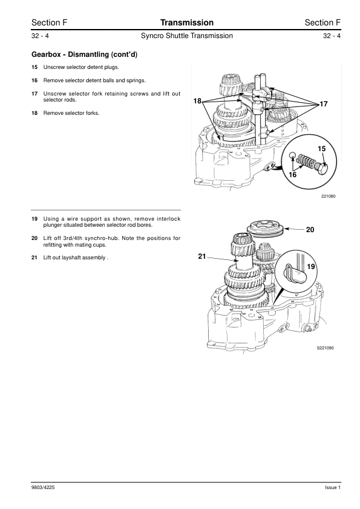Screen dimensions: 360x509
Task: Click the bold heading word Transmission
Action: (x=187, y=22)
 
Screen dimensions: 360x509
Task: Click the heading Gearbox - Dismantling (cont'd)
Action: (x=84, y=54)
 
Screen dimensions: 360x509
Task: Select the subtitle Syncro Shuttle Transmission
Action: (x=187, y=36)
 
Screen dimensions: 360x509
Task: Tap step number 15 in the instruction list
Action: (x=34, y=67)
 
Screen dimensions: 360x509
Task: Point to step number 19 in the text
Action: (x=34, y=219)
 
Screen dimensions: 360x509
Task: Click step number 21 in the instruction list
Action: (x=34, y=258)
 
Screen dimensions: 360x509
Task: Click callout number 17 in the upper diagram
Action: (x=324, y=104)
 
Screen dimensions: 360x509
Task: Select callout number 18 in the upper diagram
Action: (x=197, y=101)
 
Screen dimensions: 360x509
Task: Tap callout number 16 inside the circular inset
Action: (x=292, y=175)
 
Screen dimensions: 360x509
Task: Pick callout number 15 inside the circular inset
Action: (x=321, y=149)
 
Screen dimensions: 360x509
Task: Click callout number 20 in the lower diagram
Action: (x=310, y=230)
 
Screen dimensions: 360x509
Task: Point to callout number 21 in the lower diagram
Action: (x=201, y=256)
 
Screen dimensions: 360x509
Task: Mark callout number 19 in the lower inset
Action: (x=311, y=267)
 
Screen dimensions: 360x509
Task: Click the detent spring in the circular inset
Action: (x=306, y=161)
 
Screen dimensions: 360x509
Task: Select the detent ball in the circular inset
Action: (x=293, y=155)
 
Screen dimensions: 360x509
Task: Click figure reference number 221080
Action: (x=329, y=196)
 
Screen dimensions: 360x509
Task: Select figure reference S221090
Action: (x=326, y=348)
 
